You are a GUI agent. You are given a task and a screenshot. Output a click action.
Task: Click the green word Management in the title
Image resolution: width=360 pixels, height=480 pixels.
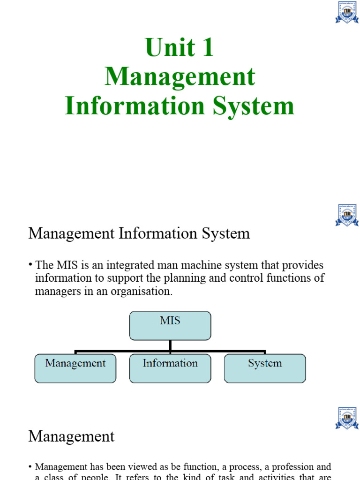[180, 76]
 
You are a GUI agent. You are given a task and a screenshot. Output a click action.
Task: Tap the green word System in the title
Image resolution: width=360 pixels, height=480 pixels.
[253, 105]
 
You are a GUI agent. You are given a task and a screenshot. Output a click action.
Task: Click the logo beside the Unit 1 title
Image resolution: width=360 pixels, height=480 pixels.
[346, 13]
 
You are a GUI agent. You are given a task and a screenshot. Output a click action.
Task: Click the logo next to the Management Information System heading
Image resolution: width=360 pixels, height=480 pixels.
[346, 215]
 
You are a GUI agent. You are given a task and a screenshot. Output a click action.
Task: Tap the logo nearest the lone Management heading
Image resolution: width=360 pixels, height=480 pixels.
[346, 418]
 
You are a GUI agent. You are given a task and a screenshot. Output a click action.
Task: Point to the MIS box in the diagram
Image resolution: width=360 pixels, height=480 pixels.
[170, 325]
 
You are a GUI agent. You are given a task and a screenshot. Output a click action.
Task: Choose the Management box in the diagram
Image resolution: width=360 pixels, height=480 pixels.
[75, 368]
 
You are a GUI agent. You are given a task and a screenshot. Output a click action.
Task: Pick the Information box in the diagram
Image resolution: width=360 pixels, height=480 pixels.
[170, 368]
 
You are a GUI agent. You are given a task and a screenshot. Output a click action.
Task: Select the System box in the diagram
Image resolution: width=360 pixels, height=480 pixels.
[265, 368]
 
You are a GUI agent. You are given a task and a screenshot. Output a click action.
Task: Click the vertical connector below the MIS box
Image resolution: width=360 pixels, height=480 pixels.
[170, 345]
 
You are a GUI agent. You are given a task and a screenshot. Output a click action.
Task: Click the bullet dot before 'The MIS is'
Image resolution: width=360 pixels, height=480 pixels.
[30, 265]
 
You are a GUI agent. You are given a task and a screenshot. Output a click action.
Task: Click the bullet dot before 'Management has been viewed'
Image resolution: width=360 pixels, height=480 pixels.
[30, 467]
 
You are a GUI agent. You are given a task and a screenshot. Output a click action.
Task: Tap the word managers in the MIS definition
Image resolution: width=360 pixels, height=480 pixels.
[54, 291]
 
